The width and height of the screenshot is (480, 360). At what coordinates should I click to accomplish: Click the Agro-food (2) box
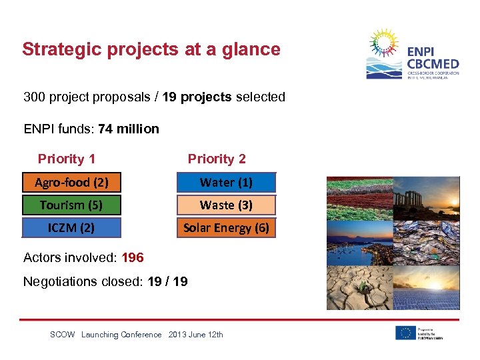click(x=71, y=182)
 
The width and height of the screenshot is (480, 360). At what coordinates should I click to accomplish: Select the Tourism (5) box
click(x=71, y=205)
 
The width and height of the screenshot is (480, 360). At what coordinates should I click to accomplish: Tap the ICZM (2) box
click(x=71, y=227)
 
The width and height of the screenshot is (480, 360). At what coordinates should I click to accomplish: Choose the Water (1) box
click(x=226, y=182)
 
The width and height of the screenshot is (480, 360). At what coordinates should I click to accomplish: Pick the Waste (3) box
click(x=226, y=205)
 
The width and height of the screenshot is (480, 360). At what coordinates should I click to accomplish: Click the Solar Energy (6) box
click(x=226, y=227)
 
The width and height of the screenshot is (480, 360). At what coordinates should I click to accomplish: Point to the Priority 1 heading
click(x=66, y=159)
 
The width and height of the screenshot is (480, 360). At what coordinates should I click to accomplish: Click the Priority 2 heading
click(x=217, y=159)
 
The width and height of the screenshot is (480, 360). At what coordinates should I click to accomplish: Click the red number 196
click(x=133, y=257)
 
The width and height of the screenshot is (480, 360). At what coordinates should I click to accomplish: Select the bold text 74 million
click(x=129, y=129)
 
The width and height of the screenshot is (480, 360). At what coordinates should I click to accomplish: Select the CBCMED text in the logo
click(x=433, y=63)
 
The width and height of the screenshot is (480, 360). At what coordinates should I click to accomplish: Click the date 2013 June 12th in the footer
click(x=196, y=335)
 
